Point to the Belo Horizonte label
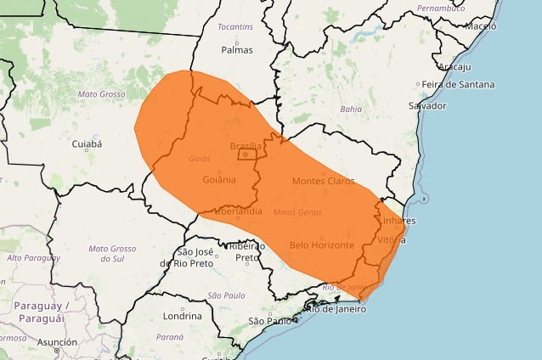(321, 245)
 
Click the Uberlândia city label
(238, 211)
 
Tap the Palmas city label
(237, 49)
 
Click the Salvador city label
(426, 105)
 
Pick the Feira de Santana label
(454, 84)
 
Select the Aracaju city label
(455, 65)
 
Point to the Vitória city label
(391, 240)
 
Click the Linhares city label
(398, 221)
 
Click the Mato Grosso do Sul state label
(111, 254)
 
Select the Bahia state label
(351, 109)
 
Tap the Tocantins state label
(234, 27)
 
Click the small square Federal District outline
(247, 155)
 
